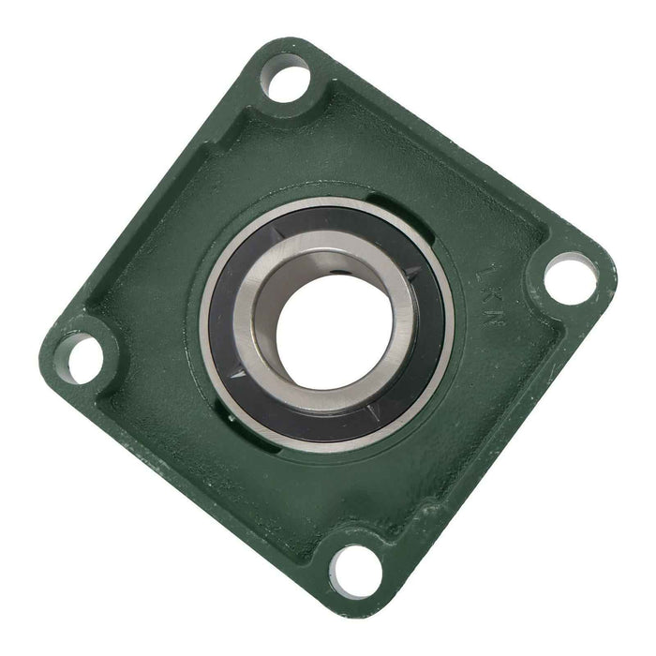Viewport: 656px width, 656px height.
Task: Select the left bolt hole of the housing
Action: coord(85,355)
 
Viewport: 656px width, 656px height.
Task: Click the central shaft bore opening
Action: coord(323,323)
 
